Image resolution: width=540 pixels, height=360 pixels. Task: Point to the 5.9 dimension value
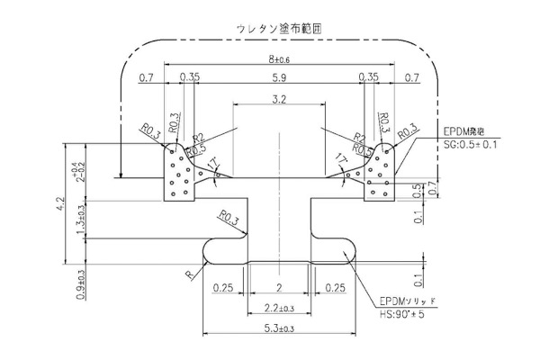pos(278,78)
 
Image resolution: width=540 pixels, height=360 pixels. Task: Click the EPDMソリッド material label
pos(408,300)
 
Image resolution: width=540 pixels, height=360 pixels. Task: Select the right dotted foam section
pos(377,175)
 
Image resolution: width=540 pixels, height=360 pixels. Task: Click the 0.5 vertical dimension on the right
pos(415,189)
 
